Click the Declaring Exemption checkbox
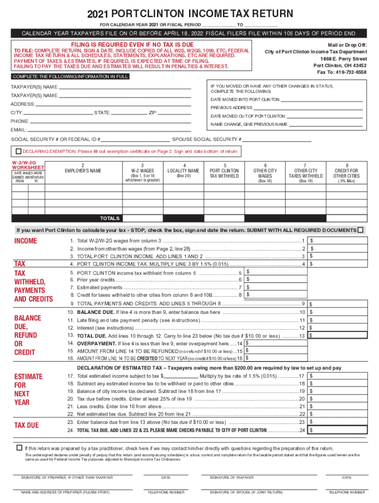pos(18,151)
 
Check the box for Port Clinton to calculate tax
pos(361,230)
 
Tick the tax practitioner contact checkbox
pos(19,447)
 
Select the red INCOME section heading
pos(26,241)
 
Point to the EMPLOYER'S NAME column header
pos(83,170)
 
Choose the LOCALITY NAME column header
pos(183,170)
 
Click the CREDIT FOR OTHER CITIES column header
pos(346,170)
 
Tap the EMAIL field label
pos(19,130)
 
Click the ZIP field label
pos(153,113)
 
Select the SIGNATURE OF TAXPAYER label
pos(231,477)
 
